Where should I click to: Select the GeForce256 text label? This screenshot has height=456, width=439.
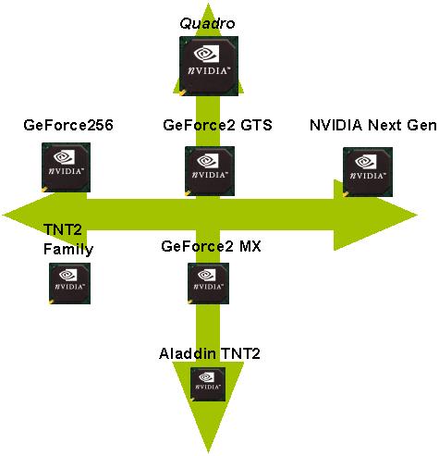pyautogui.click(x=68, y=126)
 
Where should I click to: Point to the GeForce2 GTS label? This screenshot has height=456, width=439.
pyautogui.click(x=217, y=126)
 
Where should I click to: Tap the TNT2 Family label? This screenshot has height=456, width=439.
pyautogui.click(x=68, y=240)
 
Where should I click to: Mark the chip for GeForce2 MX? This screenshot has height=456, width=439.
pyautogui.click(x=207, y=281)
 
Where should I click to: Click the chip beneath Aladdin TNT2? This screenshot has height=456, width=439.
pyautogui.click(x=208, y=384)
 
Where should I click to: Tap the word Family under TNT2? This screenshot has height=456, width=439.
pyautogui.click(x=68, y=249)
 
